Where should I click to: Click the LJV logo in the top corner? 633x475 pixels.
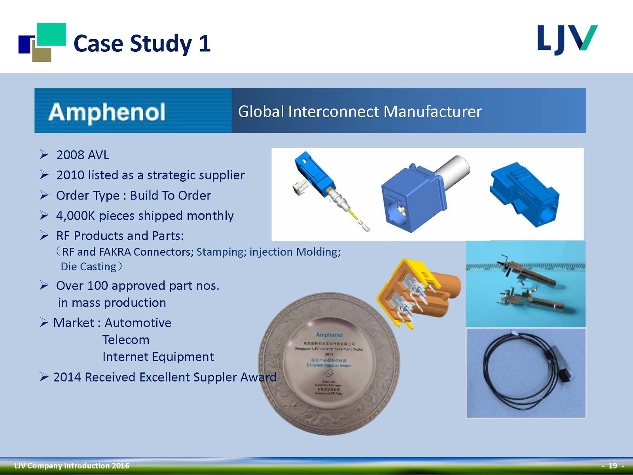point(567,40)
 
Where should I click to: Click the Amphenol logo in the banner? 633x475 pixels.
point(107,112)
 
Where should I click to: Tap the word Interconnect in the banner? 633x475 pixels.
point(334,112)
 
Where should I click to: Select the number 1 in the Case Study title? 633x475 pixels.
point(205,44)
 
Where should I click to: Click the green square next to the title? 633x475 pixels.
point(51,34)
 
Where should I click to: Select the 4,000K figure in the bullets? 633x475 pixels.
point(76,216)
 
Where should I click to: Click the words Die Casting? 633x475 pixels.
point(89,267)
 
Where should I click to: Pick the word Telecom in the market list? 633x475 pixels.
point(126,340)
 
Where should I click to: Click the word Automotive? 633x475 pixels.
point(138,323)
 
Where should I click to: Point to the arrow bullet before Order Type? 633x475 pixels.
point(44,195)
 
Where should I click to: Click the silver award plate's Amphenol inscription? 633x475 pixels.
point(329,335)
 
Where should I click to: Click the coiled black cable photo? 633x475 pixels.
point(525,373)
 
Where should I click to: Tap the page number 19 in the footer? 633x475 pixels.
point(612,466)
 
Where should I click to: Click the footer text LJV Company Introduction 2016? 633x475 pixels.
point(72,466)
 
